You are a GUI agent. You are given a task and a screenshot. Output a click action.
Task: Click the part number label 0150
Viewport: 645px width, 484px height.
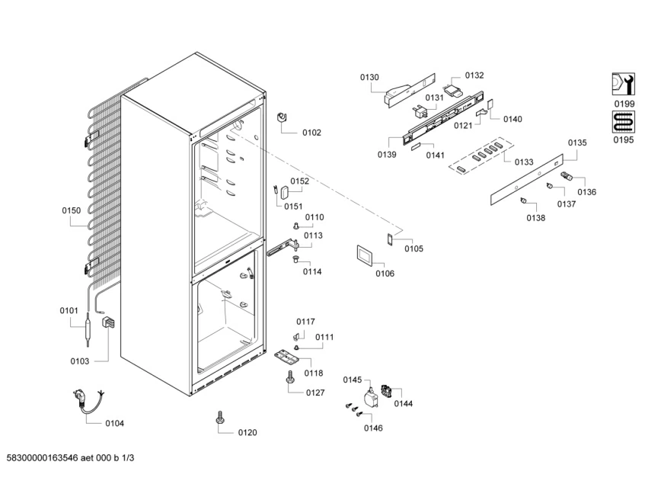coord(71,210)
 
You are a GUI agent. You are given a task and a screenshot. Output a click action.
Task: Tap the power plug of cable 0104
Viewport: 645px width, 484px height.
coord(79,398)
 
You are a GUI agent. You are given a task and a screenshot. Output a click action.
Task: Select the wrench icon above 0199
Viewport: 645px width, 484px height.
coord(623,84)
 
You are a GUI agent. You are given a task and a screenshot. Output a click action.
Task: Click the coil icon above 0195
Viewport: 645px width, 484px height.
coord(623,122)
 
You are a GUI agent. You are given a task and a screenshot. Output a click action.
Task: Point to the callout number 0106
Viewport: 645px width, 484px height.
coord(385,274)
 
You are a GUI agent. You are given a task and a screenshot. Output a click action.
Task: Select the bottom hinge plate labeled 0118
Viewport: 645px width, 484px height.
coord(287,357)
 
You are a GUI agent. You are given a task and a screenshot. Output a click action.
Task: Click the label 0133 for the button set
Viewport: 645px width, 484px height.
coord(524,162)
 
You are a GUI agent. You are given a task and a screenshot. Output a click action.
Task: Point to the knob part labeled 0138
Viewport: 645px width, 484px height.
coord(524,200)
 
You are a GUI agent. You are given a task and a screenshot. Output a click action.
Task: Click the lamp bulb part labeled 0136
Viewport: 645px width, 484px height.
coord(567,176)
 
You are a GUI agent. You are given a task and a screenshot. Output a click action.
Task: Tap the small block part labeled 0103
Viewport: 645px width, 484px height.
coord(109,322)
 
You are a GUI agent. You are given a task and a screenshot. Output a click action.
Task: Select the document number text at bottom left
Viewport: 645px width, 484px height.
coord(70,457)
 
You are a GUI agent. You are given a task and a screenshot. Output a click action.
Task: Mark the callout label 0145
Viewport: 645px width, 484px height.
coord(353,380)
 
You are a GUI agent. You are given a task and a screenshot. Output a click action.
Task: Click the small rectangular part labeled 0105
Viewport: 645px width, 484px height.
coord(389,239)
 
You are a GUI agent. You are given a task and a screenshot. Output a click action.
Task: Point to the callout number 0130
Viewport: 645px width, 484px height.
coord(369,78)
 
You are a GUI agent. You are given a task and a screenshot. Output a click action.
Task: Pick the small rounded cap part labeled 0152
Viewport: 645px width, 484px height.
coord(285,192)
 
